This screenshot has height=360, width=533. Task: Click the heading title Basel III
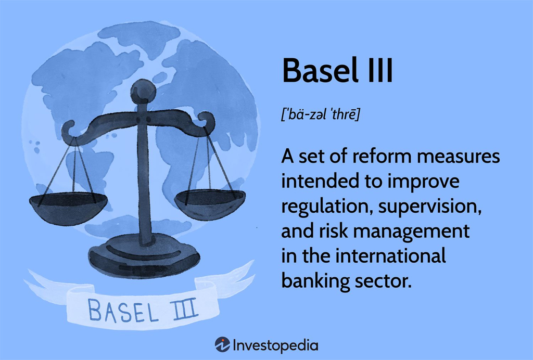337,71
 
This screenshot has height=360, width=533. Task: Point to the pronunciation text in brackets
320,114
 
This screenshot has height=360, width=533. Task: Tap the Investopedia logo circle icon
222,345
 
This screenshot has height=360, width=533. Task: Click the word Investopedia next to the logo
276,346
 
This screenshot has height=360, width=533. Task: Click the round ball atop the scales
143,92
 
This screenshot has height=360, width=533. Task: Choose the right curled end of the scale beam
207,122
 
